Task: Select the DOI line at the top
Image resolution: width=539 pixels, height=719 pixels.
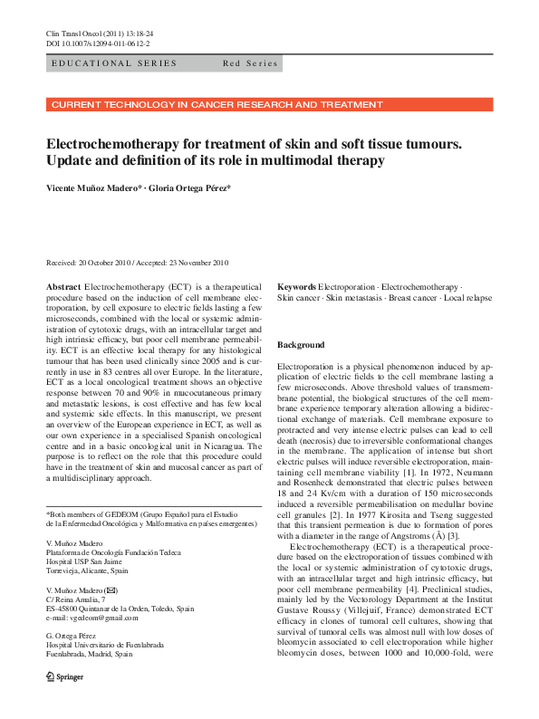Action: pos(98,43)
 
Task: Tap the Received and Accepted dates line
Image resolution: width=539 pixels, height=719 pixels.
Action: pos(137,263)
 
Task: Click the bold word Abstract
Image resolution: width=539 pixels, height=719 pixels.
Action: pos(63,286)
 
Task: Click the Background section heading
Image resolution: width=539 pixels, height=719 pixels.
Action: pos(300,346)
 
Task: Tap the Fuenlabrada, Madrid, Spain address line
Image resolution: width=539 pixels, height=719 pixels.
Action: pos(89,654)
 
